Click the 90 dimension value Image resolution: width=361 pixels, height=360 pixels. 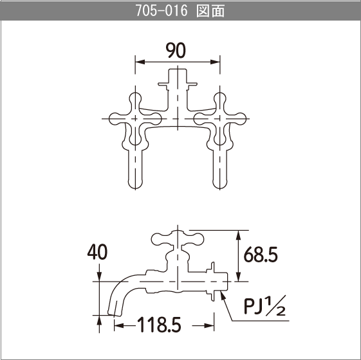pyautogui.click(x=176, y=50)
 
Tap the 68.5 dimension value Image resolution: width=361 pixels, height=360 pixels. pyautogui.click(x=261, y=255)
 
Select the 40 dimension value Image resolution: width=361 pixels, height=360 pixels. pyautogui.click(x=97, y=252)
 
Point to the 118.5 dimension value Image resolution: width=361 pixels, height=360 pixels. pyautogui.click(x=159, y=325)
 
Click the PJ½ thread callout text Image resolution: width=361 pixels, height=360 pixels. pyautogui.click(x=264, y=306)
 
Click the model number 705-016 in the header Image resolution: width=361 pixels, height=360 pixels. pyautogui.click(x=162, y=10)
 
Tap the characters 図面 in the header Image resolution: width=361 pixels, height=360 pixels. pyautogui.click(x=210, y=11)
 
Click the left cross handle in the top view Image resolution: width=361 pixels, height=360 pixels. pyautogui.click(x=135, y=119)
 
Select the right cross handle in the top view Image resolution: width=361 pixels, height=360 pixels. pyautogui.click(x=220, y=119)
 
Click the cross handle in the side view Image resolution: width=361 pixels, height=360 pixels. pyautogui.click(x=178, y=239)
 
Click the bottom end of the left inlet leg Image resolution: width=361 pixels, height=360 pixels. pyautogui.click(x=135, y=188)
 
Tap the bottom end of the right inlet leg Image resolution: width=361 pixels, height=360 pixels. pyautogui.click(x=220, y=188)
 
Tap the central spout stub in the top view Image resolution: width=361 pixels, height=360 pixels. pyautogui.click(x=178, y=78)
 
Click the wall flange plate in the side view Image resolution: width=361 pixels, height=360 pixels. pyautogui.click(x=213, y=282)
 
